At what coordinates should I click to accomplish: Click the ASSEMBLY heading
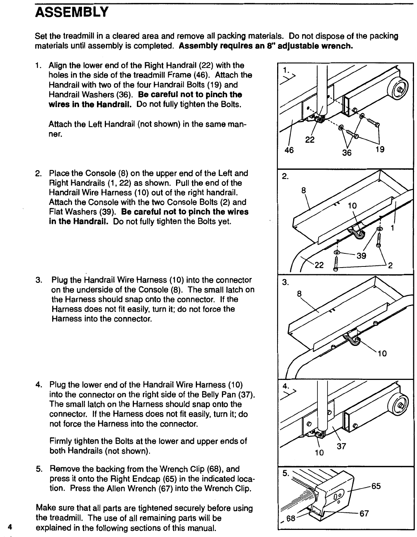(x=71, y=13)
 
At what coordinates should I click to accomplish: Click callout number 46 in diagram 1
(x=289, y=150)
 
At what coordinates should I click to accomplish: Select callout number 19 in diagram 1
(x=380, y=150)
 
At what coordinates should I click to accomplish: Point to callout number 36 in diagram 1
(x=347, y=152)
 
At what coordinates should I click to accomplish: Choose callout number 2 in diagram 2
(x=390, y=266)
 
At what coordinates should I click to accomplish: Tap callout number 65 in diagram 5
(x=376, y=486)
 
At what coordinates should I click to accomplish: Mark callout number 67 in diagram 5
(x=364, y=513)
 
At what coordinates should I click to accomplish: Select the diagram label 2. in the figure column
(x=285, y=177)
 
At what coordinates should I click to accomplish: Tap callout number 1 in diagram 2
(x=393, y=227)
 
